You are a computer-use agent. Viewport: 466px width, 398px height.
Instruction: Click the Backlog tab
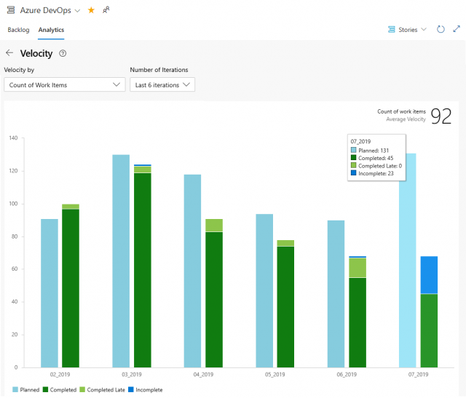[18, 30]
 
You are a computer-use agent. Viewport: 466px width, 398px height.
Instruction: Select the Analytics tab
[51, 30]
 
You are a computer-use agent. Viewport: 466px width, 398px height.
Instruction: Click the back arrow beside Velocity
[9, 53]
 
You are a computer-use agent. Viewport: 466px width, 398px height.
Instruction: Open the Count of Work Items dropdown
[65, 84]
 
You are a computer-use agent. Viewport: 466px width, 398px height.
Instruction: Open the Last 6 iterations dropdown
[162, 84]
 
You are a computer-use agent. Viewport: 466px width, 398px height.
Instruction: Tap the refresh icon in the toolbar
[441, 30]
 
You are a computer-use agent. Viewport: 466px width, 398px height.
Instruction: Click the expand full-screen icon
[457, 30]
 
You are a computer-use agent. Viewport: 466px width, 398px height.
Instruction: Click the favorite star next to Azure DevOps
[91, 10]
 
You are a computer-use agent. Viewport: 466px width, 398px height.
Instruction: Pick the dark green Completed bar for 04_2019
[214, 299]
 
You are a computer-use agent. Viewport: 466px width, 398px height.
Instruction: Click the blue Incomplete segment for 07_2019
[430, 275]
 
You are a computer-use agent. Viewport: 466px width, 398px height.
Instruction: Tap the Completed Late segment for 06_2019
[357, 268]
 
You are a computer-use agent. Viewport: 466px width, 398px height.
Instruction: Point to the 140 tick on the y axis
[12, 138]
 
